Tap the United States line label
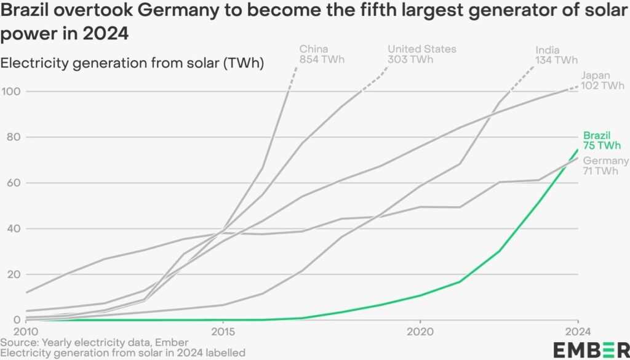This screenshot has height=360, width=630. pyautogui.click(x=421, y=54)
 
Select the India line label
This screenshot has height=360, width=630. pyautogui.click(x=556, y=55)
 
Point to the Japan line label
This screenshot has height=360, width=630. pyautogui.click(x=602, y=81)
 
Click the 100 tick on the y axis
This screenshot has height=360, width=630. pyautogui.click(x=11, y=91)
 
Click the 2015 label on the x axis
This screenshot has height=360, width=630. pyautogui.click(x=223, y=330)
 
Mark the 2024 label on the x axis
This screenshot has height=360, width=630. pyautogui.click(x=578, y=330)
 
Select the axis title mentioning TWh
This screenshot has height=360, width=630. pyautogui.click(x=132, y=63)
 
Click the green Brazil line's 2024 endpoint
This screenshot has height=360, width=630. pyautogui.click(x=578, y=150)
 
